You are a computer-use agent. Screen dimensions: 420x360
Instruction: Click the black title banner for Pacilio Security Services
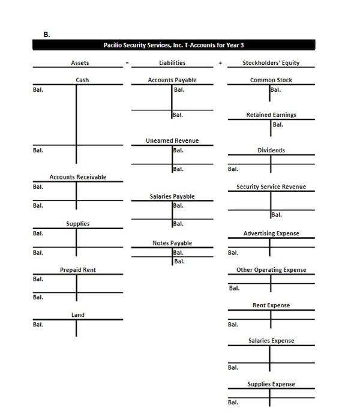tap(173, 46)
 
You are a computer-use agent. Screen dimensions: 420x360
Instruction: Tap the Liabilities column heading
tap(172, 62)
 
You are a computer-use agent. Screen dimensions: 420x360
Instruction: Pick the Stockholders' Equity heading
tap(271, 62)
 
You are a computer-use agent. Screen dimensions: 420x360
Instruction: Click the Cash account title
tap(82, 80)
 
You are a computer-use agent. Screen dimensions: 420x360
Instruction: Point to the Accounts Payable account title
tap(172, 80)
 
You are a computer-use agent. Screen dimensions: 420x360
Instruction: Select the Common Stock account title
tap(271, 80)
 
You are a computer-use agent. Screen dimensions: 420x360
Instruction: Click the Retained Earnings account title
tap(271, 115)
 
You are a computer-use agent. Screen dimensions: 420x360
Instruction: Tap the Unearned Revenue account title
tap(172, 140)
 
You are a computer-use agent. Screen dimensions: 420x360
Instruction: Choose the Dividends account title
tap(271, 151)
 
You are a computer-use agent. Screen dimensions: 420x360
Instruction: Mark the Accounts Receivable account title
tap(78, 177)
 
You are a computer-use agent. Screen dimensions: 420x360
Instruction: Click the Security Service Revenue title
tap(271, 187)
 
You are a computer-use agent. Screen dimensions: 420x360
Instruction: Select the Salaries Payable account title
tap(172, 196)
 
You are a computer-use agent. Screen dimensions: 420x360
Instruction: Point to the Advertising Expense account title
tap(271, 233)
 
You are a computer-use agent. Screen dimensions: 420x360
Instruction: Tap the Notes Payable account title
tap(172, 243)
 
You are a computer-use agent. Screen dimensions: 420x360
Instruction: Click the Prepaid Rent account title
tap(78, 270)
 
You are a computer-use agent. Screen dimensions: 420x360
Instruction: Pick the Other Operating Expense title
tap(271, 270)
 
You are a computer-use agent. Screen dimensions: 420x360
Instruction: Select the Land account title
tap(78, 314)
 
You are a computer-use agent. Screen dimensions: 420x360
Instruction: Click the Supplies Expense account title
tap(271, 384)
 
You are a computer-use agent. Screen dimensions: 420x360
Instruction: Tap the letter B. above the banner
tap(47, 34)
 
